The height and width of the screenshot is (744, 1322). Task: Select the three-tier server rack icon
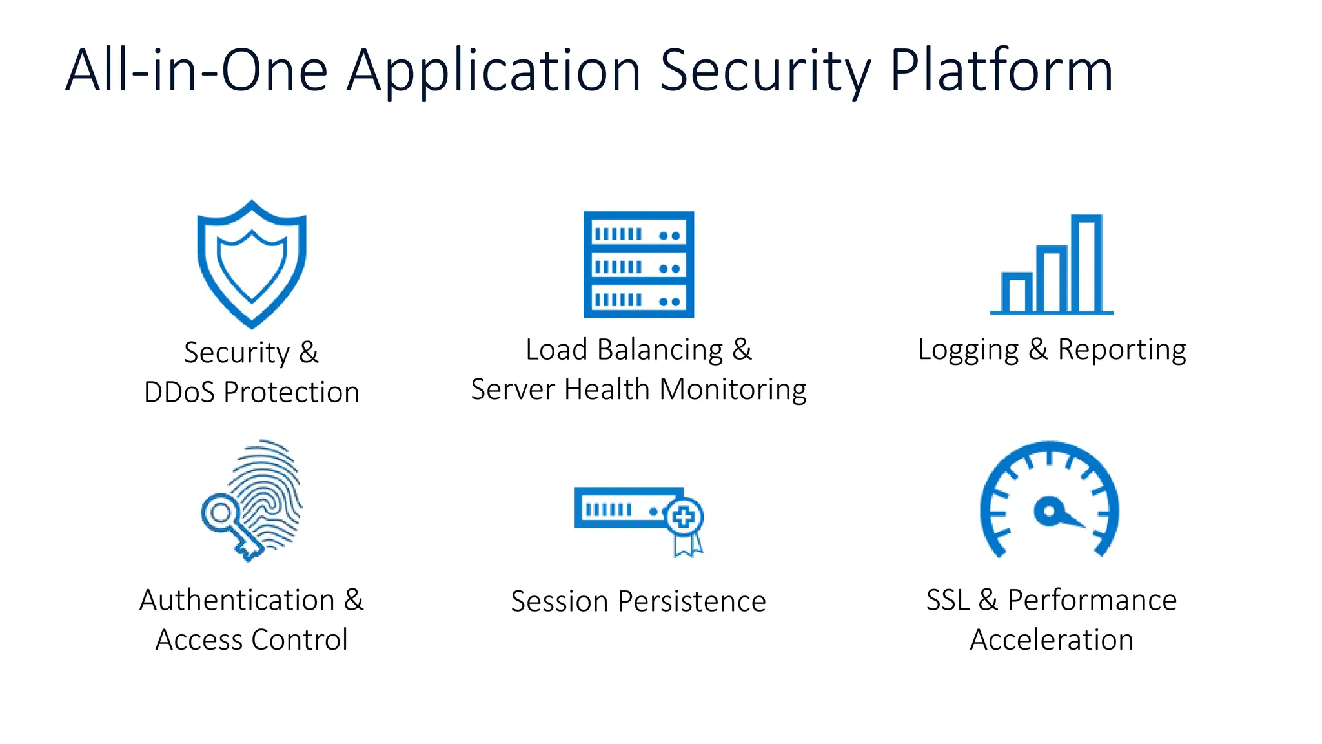tap(638, 264)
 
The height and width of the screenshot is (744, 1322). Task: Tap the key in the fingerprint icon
tap(230, 524)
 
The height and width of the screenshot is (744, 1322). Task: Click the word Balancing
tap(660, 350)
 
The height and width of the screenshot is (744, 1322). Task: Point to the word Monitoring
tap(733, 389)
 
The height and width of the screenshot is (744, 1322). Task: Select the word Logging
tap(968, 350)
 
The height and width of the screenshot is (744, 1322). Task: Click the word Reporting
tap(1121, 350)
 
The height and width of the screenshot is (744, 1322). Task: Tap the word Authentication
tap(237, 600)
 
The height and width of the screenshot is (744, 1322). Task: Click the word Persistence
tap(691, 601)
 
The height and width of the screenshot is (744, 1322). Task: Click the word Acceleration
tap(1052, 640)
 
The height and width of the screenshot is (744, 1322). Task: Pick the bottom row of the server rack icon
tap(638, 300)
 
